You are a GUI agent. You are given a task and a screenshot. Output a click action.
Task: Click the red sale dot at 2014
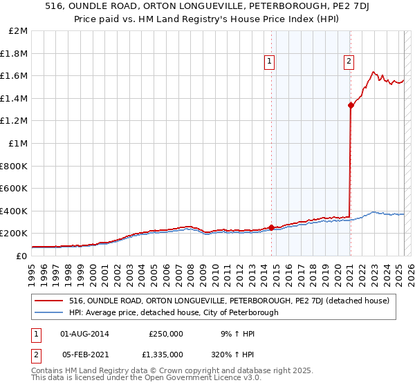pos(271,227)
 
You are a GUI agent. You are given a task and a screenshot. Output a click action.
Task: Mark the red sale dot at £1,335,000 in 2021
pos(351,105)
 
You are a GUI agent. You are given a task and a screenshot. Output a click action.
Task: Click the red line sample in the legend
pos(49,301)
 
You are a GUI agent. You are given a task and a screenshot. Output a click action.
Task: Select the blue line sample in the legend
pos(49,312)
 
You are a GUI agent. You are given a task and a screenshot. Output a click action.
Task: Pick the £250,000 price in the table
pos(165,334)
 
